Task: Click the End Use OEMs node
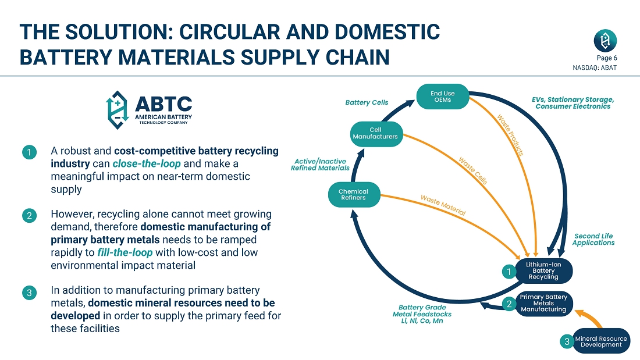[442, 97]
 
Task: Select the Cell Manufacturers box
[375, 133]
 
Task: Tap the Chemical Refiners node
[353, 194]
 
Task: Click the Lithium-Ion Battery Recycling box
[543, 270]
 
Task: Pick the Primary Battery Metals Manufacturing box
[543, 304]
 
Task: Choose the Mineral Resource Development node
[600, 341]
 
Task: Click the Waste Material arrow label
[443, 205]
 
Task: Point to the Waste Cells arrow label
[472, 170]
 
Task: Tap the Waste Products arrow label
[510, 134]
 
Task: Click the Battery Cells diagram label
[367, 103]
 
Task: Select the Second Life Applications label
[593, 240]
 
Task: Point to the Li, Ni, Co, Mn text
[422, 321]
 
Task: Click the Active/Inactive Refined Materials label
[320, 165]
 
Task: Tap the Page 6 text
[607, 58]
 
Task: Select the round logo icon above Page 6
[605, 41]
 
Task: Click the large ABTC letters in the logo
[163, 105]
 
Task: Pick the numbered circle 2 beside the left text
[29, 216]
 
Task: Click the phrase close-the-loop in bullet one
[138, 164]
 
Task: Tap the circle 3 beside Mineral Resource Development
[567, 342]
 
